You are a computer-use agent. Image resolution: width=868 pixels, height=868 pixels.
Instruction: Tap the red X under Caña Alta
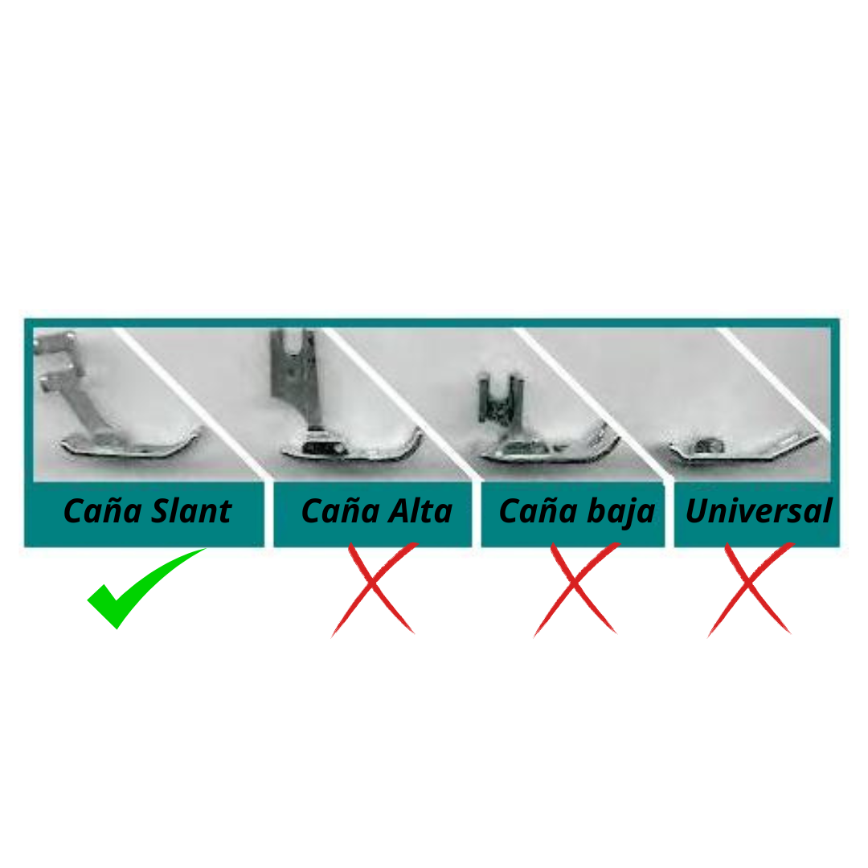[x=375, y=588]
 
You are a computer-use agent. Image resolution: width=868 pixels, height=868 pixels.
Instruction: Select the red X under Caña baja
[x=576, y=588]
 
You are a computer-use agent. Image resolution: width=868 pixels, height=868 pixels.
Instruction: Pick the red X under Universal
[x=751, y=588]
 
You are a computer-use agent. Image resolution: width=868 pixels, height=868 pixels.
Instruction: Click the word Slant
[x=191, y=511]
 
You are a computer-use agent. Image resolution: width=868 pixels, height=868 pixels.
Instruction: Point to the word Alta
[x=420, y=511]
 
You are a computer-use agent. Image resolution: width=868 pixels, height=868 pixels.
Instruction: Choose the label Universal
[x=759, y=511]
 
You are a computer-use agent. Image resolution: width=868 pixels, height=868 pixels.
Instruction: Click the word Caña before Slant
[x=103, y=510]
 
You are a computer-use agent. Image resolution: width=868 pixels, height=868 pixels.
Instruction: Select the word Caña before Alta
[x=341, y=510]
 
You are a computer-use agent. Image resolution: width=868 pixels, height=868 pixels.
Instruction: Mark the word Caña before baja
[x=538, y=510]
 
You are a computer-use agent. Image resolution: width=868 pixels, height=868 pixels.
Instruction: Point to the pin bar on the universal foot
[x=709, y=445]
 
